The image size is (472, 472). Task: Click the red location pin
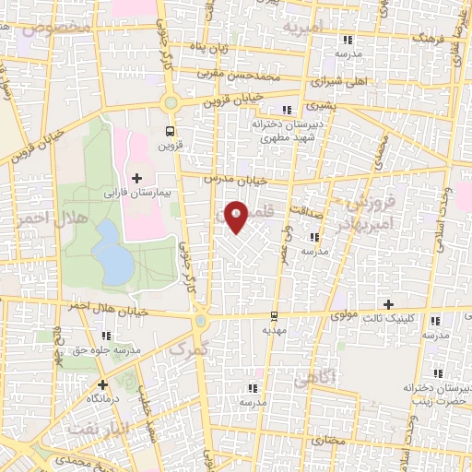point(237,218)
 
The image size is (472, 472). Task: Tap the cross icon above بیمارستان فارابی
point(137,177)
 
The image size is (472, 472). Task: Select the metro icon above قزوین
point(169,130)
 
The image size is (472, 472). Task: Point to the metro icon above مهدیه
point(274,313)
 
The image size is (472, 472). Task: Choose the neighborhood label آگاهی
point(308,377)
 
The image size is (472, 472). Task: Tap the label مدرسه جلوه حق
point(109,349)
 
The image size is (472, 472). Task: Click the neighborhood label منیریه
point(303,29)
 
